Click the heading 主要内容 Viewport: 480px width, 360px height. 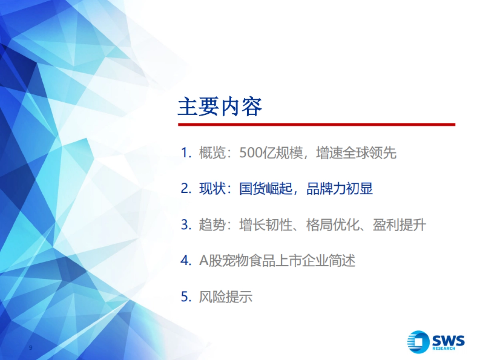click(x=220, y=106)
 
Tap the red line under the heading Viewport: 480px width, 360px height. click(x=316, y=124)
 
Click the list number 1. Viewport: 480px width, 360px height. click(x=184, y=153)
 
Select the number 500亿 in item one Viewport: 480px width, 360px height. click(x=255, y=153)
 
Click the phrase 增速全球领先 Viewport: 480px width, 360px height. click(x=356, y=153)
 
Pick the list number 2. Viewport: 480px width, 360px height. click(x=184, y=189)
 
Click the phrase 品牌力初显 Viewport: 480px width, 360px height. click(x=340, y=189)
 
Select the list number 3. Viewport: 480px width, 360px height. click(x=184, y=225)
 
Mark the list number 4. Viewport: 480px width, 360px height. click(x=184, y=261)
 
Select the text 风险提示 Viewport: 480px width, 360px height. click(x=226, y=297)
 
